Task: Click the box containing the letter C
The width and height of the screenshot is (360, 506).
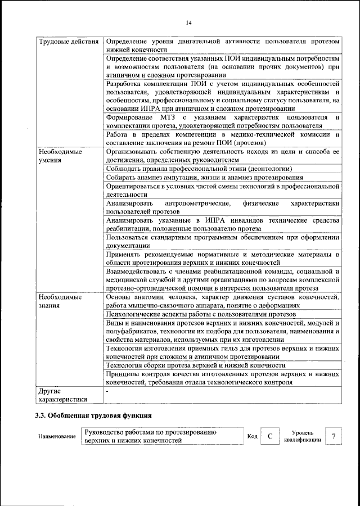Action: coord(270,436)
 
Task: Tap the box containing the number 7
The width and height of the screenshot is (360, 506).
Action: coord(334,436)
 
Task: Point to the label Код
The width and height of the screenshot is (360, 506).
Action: coord(253,436)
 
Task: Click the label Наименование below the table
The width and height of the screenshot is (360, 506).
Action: coord(57,436)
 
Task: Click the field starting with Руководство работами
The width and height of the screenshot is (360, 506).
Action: coord(162,436)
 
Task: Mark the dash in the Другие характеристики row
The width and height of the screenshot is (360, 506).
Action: coord(107,390)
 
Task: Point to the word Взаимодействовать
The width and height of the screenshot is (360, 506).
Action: coord(136,272)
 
